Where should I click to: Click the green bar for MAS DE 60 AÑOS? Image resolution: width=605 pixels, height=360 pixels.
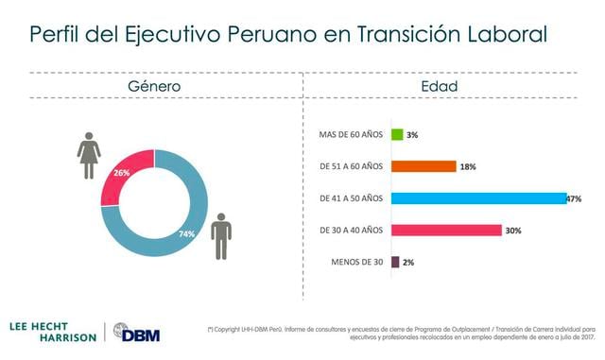pyautogui.click(x=397, y=135)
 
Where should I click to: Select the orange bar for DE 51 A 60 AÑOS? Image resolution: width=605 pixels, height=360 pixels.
pyautogui.click(x=423, y=166)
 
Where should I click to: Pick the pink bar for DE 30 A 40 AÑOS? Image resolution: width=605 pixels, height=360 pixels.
pyautogui.click(x=445, y=230)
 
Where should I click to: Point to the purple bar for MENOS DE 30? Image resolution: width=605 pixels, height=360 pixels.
pyautogui.click(x=395, y=262)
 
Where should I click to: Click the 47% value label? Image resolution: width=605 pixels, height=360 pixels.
pyautogui.click(x=574, y=199)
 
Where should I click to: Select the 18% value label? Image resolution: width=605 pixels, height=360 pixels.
pyautogui.click(x=468, y=167)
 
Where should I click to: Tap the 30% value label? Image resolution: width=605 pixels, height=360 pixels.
pyautogui.click(x=513, y=231)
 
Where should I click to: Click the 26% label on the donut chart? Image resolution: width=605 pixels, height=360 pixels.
pyautogui.click(x=122, y=173)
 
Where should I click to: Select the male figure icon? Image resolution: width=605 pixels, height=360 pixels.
pyautogui.click(x=221, y=235)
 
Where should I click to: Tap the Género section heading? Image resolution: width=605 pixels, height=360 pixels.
pyautogui.click(x=154, y=87)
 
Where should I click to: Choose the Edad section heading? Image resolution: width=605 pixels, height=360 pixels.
pyautogui.click(x=440, y=87)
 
